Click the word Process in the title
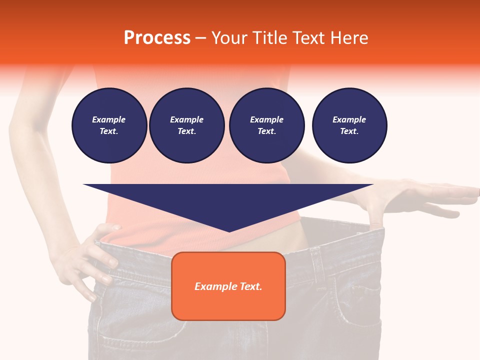[157, 38]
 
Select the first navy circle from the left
[109, 125]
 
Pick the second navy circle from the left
[186, 125]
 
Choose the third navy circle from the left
[266, 125]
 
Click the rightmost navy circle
[349, 125]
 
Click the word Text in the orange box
[251, 286]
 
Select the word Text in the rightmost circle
[349, 131]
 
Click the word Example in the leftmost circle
[109, 119]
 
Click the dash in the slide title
[201, 38]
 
